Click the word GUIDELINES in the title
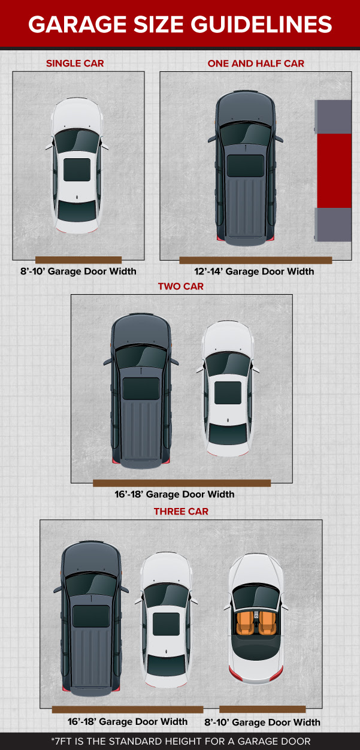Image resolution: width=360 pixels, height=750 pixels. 261,25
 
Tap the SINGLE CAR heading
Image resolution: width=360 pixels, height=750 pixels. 75,63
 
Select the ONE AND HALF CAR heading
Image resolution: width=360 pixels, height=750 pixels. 256,63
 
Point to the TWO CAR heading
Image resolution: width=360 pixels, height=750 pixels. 181,286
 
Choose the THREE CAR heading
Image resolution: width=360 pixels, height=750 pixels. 181,511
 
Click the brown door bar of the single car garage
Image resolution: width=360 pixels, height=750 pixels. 78,260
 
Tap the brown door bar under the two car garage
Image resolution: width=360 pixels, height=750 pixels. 182,483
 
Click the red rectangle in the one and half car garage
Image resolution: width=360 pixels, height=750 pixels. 334,171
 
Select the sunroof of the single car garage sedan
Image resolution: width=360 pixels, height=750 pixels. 77,170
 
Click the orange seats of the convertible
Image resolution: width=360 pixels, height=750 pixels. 256,624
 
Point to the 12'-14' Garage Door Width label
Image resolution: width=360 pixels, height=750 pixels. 254,271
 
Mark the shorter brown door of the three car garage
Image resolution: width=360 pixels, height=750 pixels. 262,709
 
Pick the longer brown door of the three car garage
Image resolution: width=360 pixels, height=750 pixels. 128,709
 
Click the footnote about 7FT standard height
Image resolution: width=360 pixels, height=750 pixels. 181,741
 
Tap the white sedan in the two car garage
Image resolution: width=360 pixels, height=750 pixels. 228,388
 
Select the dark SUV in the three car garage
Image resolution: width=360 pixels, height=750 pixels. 91,618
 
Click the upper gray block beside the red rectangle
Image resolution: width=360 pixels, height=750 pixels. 333,117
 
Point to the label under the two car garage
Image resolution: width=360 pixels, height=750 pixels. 174,494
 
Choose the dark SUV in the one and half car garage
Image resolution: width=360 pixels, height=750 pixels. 246,168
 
